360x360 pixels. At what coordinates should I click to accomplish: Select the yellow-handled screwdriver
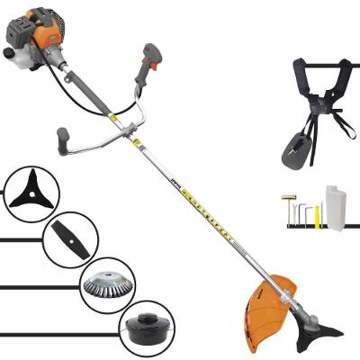point(317,216)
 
